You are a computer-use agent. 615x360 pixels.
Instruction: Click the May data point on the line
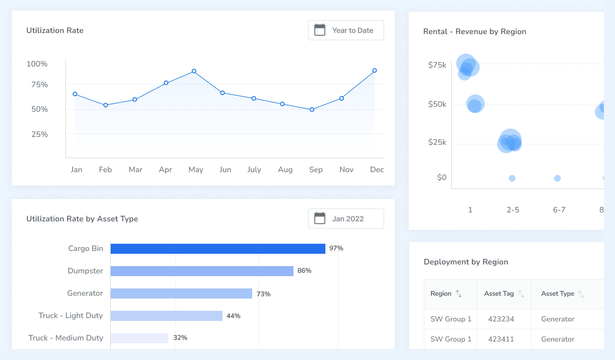tap(194, 72)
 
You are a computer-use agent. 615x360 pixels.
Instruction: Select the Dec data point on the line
tap(375, 70)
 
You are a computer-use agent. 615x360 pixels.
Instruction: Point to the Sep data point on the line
tap(312, 110)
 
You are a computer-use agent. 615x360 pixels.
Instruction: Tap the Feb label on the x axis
tap(106, 169)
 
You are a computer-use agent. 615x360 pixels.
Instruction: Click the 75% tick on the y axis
tap(40, 85)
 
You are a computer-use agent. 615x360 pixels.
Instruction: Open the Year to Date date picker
tap(346, 30)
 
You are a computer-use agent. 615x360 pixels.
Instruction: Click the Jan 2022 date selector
tap(346, 219)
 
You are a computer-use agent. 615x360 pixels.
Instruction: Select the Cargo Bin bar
tap(217, 249)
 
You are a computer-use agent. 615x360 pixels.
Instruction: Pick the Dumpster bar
tap(202, 271)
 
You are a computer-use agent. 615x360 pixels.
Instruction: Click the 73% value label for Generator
tap(263, 293)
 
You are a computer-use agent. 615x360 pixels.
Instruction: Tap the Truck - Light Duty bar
tap(166, 316)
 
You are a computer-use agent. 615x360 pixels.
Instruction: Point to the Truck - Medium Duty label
tap(66, 338)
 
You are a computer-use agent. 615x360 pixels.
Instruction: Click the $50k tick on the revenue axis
tap(437, 105)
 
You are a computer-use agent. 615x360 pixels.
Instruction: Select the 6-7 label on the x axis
tap(559, 210)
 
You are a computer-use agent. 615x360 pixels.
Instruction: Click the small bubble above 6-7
tap(557, 178)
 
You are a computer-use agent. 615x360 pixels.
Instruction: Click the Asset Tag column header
tap(499, 293)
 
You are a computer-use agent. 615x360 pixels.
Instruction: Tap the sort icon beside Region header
tap(458, 293)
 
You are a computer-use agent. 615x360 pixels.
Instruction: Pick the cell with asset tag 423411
tap(502, 339)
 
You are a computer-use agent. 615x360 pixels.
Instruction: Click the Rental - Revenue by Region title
tap(475, 31)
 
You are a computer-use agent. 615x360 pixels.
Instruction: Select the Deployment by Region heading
tap(466, 262)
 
